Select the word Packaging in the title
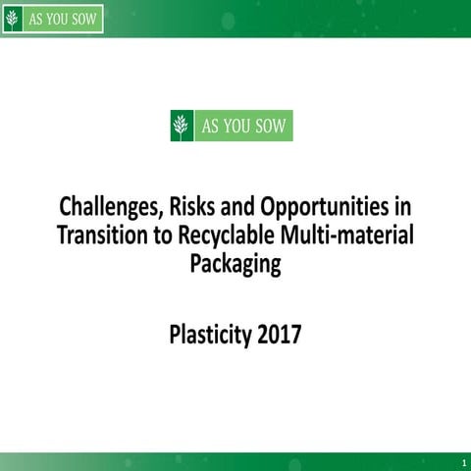coord(235,264)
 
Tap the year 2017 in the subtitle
coord(280,336)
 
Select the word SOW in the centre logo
coord(269,126)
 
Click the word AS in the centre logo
coord(209,126)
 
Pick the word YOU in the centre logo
coord(235,126)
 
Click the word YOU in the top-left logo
coord(57,19)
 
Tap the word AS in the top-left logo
coord(35,19)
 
